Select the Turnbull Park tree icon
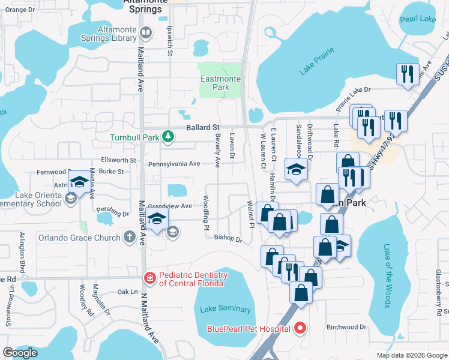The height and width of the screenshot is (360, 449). tap(169, 137)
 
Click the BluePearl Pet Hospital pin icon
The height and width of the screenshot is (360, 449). tap(300, 328)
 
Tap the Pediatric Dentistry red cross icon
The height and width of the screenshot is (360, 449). tap(148, 278)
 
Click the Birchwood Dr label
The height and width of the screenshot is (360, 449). tap(346, 327)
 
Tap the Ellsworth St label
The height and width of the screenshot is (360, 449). tap(119, 160)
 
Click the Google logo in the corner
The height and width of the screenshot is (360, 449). tap(20, 353)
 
